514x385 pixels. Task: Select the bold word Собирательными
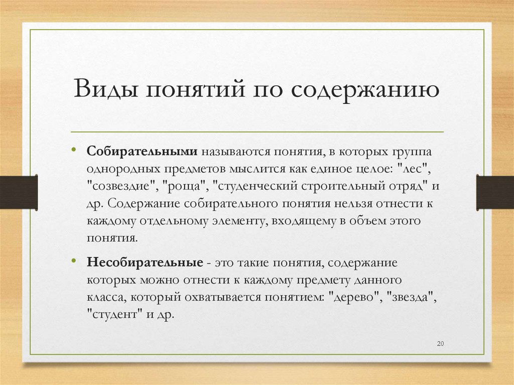point(144,152)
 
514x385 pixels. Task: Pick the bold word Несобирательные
point(145,263)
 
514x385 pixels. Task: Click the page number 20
point(441,343)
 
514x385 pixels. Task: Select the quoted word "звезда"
point(410,298)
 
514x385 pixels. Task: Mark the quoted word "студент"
point(113,315)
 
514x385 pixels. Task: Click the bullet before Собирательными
point(73,150)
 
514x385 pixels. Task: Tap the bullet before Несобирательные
point(73,262)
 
